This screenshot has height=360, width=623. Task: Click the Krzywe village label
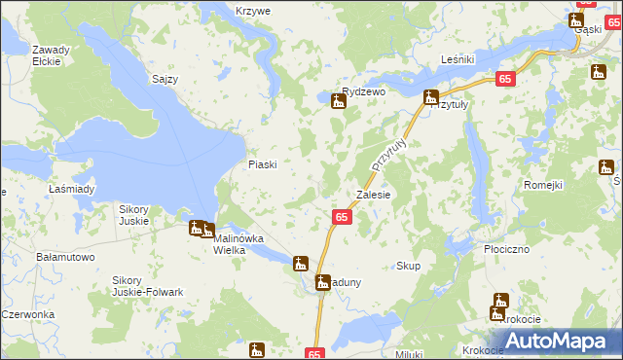coord(252,11)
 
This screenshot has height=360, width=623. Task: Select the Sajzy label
coord(165,79)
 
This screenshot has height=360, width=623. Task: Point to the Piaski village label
coord(263,164)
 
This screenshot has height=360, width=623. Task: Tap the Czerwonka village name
coord(25,314)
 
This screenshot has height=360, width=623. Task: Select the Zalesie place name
coord(374,195)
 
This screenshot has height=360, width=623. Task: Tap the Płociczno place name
coord(506,249)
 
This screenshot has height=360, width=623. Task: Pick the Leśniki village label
coord(457,60)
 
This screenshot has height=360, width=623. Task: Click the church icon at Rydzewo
coord(339,100)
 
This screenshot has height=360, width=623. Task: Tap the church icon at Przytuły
coord(430,96)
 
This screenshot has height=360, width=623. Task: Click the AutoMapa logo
coord(560,341)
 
